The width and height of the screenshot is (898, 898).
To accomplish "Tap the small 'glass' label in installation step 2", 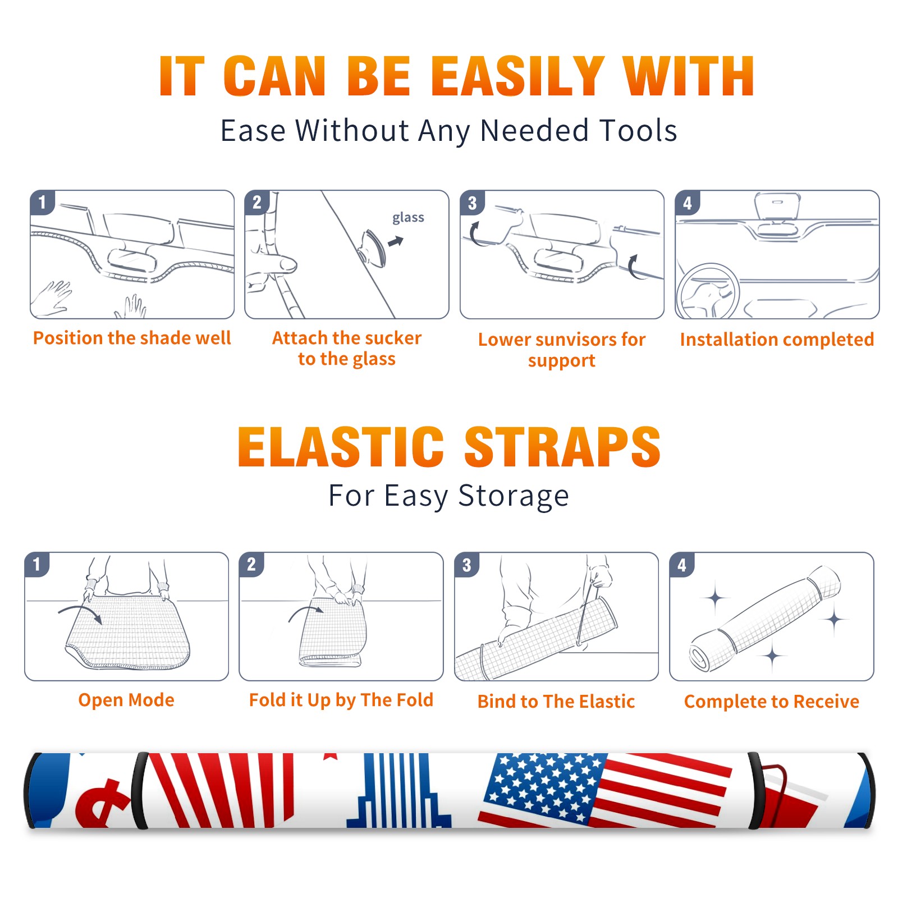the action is [x=408, y=218].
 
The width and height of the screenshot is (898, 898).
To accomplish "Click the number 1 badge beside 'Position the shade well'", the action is [x=42, y=202].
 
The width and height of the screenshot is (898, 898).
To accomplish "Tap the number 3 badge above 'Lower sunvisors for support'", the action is [x=472, y=202].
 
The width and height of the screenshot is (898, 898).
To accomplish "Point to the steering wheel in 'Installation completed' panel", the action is [x=708, y=292].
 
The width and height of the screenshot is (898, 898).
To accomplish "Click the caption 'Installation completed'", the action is [x=777, y=339].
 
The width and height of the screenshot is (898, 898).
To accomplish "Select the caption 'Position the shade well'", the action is [x=132, y=338].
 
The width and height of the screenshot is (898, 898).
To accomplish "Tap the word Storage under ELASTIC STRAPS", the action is [x=514, y=496].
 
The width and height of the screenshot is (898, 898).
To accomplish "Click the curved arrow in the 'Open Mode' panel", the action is [x=80, y=613].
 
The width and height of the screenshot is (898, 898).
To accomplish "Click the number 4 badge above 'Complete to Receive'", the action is [x=682, y=565].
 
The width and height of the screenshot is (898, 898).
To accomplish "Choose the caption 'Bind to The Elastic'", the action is [x=556, y=701].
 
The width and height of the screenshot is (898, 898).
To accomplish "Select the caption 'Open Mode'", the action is [x=126, y=700].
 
